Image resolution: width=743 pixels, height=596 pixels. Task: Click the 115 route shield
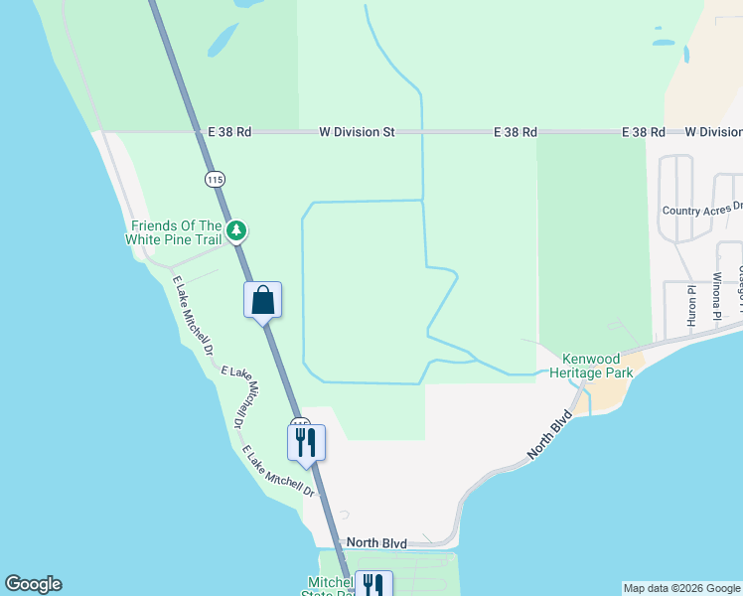pos(216,179)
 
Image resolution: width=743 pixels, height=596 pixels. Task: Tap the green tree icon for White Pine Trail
pos(235,231)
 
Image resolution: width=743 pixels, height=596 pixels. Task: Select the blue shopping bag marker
pos(263,300)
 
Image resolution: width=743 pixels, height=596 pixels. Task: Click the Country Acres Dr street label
pos(702,210)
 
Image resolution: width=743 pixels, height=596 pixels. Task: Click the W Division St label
pos(357,131)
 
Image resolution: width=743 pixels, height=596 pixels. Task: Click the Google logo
pos(33,584)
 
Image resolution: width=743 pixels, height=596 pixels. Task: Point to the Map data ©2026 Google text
pos(681,588)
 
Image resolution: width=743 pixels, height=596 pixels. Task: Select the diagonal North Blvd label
pos(551,434)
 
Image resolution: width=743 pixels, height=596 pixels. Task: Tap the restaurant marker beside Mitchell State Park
pos(373,584)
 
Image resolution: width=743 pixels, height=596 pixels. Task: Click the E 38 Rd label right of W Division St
pos(516,131)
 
